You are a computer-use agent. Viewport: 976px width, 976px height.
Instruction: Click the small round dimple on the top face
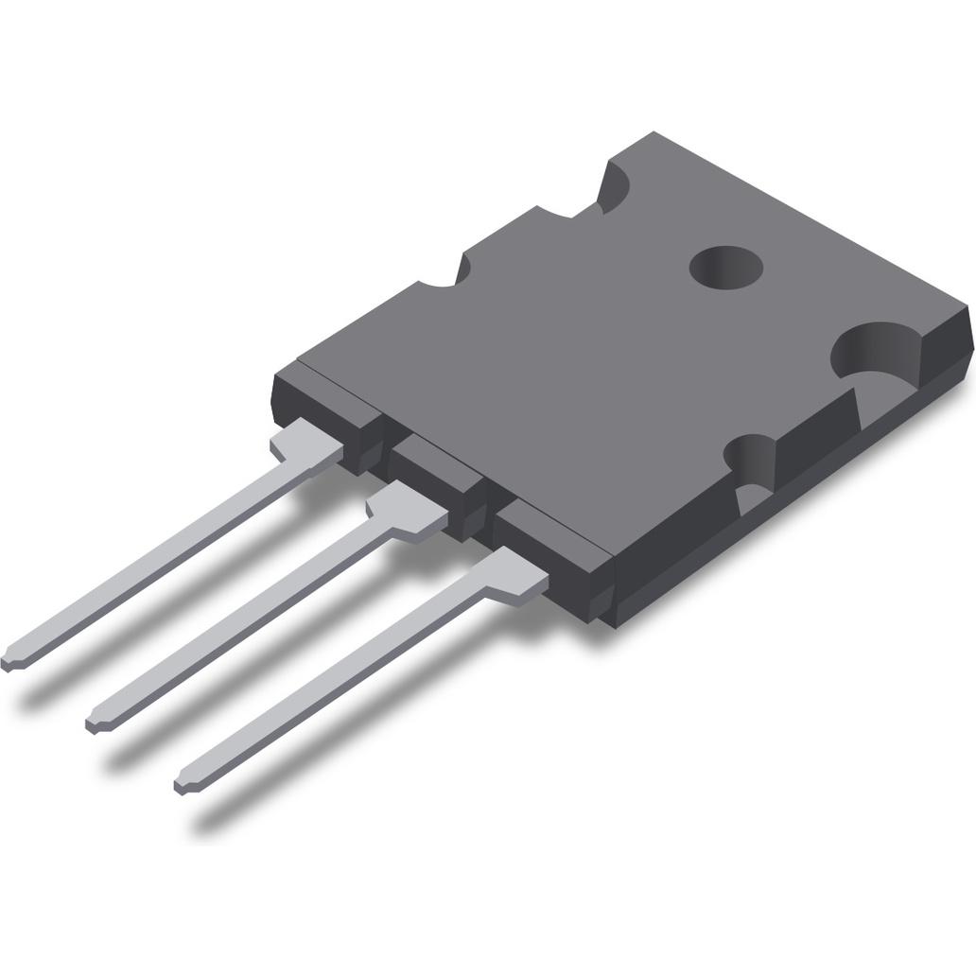[x=725, y=268]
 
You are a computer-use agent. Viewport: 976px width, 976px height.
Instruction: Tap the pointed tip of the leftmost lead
[x=12, y=660]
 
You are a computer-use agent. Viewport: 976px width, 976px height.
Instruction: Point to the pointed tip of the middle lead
[x=96, y=723]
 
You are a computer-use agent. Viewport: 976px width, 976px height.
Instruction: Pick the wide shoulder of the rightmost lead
[x=511, y=574]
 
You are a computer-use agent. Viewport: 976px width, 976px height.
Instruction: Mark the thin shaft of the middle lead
[x=246, y=627]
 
